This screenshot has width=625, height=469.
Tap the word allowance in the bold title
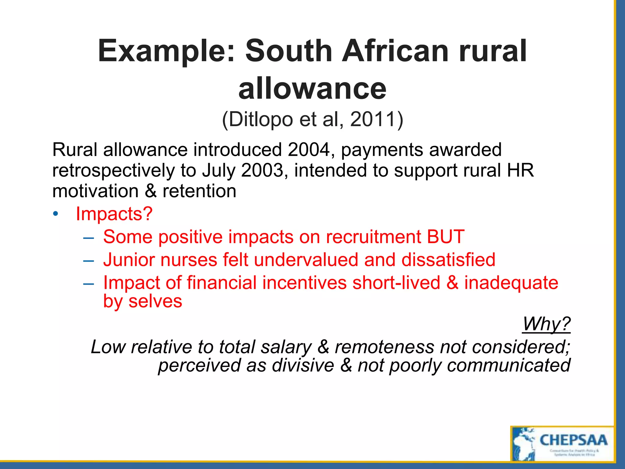point(312,89)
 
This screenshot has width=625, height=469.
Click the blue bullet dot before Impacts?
point(55,214)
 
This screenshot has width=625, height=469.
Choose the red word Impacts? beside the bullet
point(114,213)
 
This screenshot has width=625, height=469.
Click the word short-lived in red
point(396,282)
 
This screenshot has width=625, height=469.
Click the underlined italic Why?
point(546,324)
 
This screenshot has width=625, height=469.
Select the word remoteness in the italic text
point(384,347)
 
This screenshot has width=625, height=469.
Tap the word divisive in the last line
point(303,365)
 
